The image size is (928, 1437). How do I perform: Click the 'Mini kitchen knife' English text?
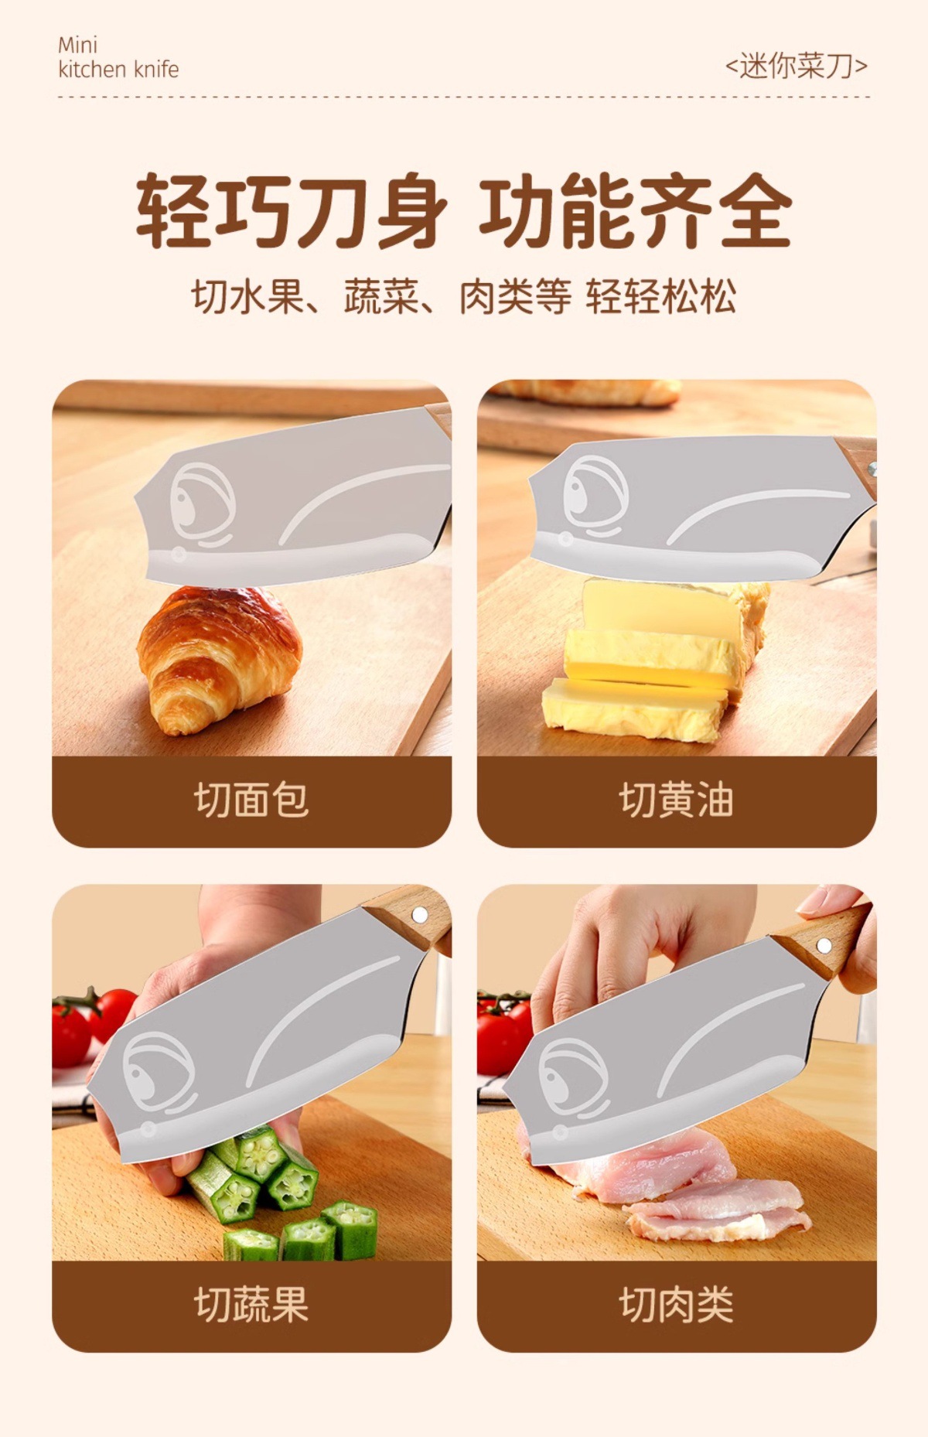[x=118, y=57]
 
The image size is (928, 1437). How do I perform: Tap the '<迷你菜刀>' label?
[x=796, y=66]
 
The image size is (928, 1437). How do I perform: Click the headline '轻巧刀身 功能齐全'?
[x=464, y=211]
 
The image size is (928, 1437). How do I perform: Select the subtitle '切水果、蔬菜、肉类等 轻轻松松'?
[x=464, y=296]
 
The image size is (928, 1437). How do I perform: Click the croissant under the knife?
[x=220, y=660]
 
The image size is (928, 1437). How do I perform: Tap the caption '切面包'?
[x=251, y=800]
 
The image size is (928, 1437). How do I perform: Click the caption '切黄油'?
[x=677, y=800]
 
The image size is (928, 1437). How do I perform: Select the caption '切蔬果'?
[x=251, y=1304]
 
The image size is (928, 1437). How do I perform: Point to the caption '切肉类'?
[x=677, y=1304]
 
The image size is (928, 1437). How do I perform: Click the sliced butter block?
[x=653, y=661]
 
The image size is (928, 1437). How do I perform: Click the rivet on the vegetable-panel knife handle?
[x=418, y=916]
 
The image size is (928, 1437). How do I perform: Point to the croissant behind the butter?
[x=588, y=392]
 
